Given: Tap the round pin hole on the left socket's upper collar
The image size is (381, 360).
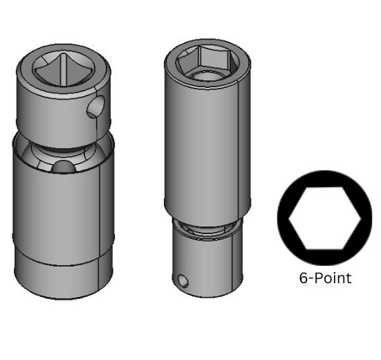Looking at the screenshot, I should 97,108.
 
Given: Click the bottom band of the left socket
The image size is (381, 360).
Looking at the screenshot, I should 62,277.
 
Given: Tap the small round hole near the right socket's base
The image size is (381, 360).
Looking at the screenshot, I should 183,280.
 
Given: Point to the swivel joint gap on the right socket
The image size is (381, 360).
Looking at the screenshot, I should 206,226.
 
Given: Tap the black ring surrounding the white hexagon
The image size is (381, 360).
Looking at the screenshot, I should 285,208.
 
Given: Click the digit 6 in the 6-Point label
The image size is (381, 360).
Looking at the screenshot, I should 303,278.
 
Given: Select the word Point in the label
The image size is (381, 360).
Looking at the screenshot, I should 334,278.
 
